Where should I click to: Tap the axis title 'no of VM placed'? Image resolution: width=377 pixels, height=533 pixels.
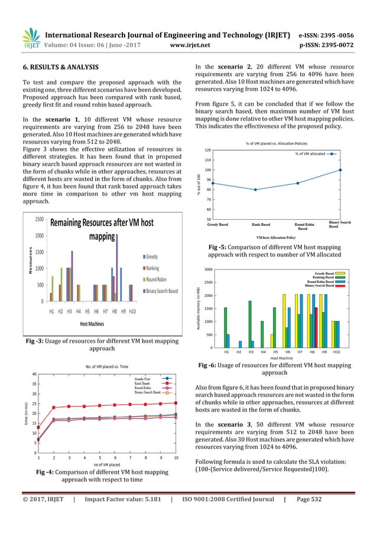point(108,464)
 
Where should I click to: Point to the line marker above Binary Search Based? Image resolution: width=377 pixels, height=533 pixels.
point(340,170)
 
